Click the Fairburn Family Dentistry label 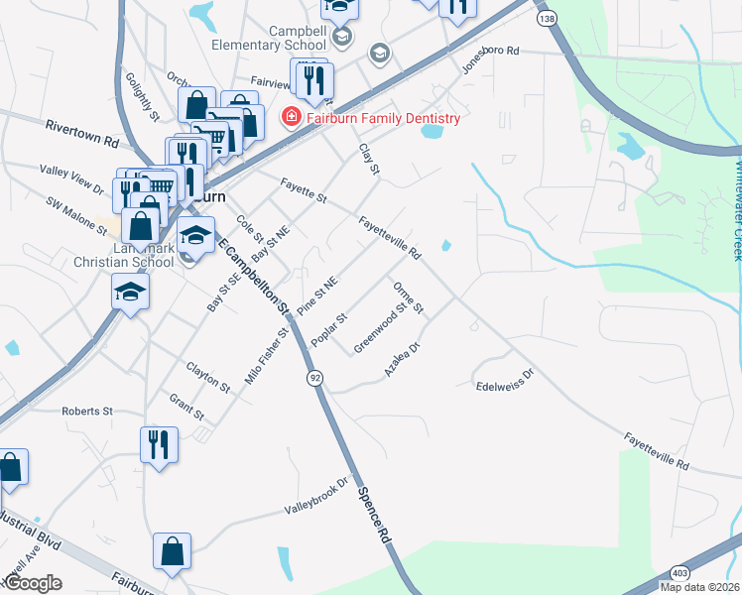(x=384, y=118)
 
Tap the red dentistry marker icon (x=292, y=118)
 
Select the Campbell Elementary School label (x=269, y=37)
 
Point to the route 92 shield (x=314, y=378)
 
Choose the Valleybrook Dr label (x=318, y=497)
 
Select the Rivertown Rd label (x=81, y=133)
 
